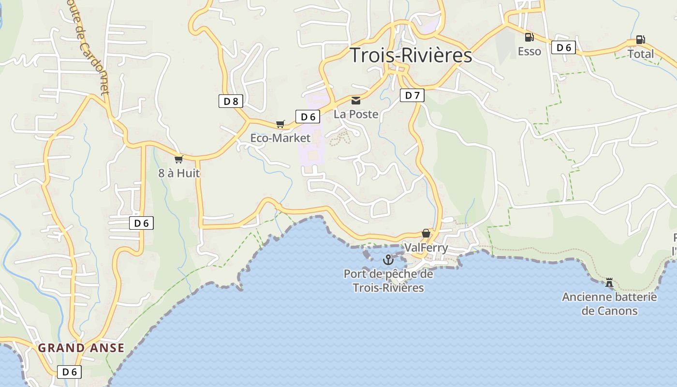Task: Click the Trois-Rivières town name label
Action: (411, 55)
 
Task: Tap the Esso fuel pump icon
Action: (530, 37)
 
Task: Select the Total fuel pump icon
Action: (640, 40)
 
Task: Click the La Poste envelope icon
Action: (356, 101)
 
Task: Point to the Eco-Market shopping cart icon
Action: (280, 124)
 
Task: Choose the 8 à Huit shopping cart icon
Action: (179, 159)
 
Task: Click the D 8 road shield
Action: (231, 101)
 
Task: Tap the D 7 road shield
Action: (412, 95)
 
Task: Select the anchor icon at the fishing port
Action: (388, 260)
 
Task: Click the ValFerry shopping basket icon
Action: (426, 234)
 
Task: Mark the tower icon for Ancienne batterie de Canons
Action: (609, 282)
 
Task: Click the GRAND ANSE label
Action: (81, 348)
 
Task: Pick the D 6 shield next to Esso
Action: (563, 47)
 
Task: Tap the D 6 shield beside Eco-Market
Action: (308, 117)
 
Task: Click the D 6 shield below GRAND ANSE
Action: (69, 372)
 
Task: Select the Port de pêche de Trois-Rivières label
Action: (388, 281)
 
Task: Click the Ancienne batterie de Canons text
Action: (609, 304)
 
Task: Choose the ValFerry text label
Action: (426, 248)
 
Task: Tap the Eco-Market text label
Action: (280, 138)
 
